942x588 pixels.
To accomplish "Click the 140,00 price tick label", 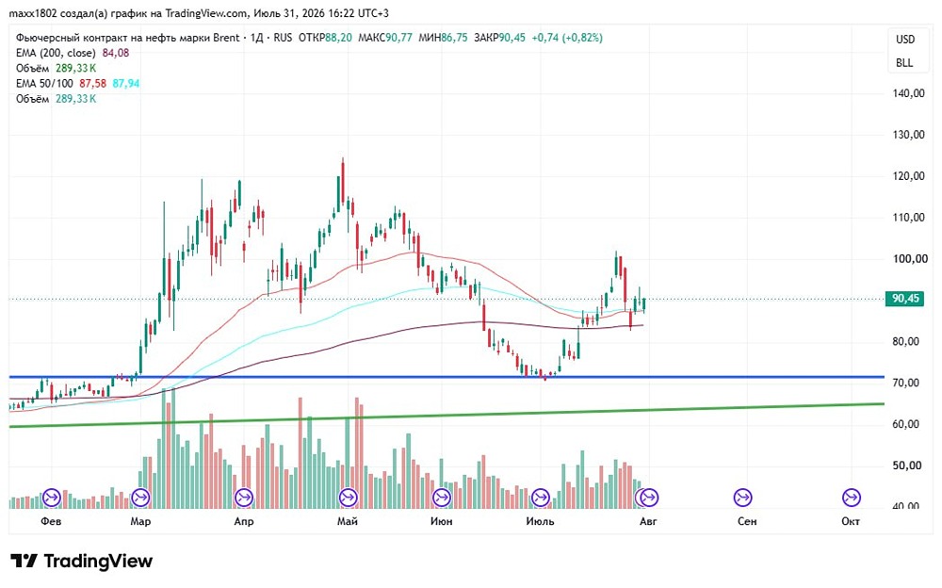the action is click(908, 93).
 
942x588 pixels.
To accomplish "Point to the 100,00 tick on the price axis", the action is click(908, 258).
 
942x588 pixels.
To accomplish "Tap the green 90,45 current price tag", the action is click(904, 298).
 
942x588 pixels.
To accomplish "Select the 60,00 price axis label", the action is click(905, 424).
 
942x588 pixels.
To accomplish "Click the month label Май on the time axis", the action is click(348, 521).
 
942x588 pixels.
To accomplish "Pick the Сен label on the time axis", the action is click(747, 521).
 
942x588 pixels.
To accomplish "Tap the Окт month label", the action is click(850, 521).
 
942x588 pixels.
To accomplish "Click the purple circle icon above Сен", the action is click(742, 498).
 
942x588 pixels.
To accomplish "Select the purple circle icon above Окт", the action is click(851, 498).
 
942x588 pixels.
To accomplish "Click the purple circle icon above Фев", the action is click(52, 498).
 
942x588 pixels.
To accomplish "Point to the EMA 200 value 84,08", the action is click(116, 53).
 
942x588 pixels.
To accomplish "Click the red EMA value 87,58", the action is click(92, 84).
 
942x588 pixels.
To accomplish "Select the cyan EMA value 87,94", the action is click(126, 84).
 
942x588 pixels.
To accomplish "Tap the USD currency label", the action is click(904, 40).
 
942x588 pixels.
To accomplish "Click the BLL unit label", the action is click(904, 62).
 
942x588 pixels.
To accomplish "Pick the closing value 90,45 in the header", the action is click(512, 38).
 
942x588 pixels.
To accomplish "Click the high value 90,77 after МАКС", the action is click(398, 38).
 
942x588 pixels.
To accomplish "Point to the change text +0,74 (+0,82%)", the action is click(566, 38).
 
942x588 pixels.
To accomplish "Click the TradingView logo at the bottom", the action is click(82, 561).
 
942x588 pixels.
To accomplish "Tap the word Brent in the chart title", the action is click(226, 38).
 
